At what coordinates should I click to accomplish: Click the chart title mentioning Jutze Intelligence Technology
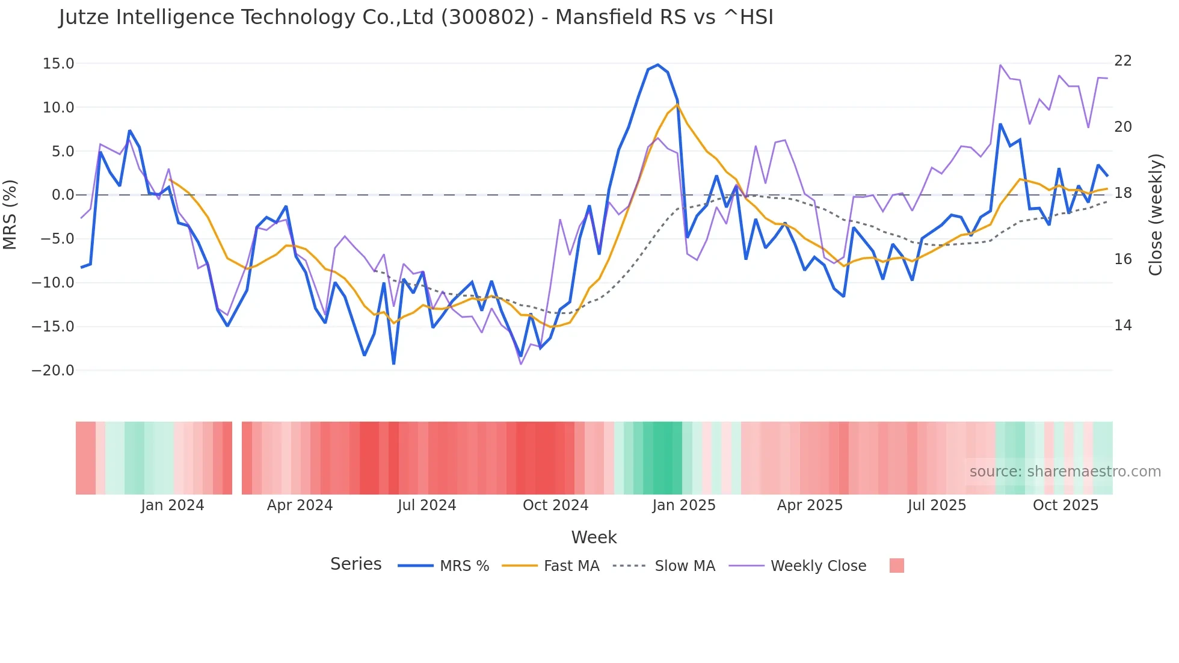416,17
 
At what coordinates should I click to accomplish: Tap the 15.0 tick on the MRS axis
58,64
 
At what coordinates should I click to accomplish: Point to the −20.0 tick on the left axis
53,371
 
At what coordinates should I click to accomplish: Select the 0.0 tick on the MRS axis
63,195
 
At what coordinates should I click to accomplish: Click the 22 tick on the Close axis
1123,61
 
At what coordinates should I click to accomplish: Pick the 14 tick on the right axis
1123,325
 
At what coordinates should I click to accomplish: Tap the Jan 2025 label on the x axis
684,505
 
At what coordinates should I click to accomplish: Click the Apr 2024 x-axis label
300,505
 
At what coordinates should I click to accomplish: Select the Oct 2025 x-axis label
1065,505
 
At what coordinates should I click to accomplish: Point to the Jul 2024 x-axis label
426,505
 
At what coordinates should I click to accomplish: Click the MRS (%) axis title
10,215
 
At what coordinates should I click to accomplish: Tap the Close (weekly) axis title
1156,215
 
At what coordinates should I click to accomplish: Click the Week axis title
594,537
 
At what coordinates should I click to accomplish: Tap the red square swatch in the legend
896,566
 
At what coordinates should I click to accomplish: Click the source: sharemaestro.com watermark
1065,472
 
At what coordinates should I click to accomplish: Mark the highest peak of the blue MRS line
658,64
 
